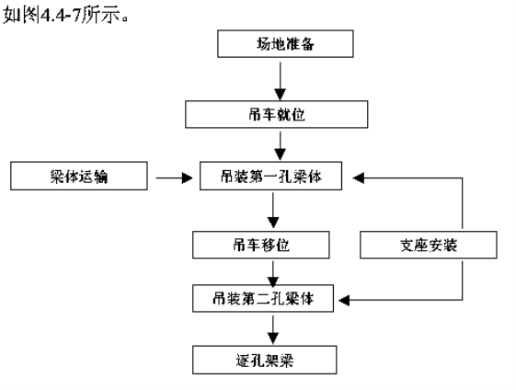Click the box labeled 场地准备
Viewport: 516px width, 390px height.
click(x=285, y=44)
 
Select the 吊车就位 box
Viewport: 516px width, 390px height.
click(x=277, y=114)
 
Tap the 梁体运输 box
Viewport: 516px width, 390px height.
click(x=79, y=176)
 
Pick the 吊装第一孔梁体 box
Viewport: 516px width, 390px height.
click(x=270, y=176)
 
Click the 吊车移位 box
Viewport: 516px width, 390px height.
click(x=261, y=245)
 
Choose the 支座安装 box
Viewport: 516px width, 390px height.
click(x=429, y=245)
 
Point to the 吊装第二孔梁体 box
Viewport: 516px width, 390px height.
click(x=263, y=299)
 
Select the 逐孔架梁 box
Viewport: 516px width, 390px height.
click(x=265, y=360)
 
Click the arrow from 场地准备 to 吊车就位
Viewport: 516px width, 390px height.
click(x=280, y=81)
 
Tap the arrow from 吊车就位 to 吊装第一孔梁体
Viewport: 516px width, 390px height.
click(x=280, y=146)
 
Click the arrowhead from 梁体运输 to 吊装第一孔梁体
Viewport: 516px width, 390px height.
click(x=188, y=178)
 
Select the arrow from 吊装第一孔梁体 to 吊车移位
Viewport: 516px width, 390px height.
click(x=273, y=211)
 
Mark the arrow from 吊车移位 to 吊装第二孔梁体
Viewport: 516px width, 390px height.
click(x=273, y=274)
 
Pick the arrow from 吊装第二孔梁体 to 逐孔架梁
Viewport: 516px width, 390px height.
click(x=273, y=330)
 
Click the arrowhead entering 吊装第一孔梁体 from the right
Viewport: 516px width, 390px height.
click(x=358, y=178)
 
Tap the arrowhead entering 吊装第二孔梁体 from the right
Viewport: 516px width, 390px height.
click(x=344, y=300)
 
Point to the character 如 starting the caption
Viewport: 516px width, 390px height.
click(x=12, y=15)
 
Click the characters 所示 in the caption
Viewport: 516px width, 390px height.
click(x=101, y=15)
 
